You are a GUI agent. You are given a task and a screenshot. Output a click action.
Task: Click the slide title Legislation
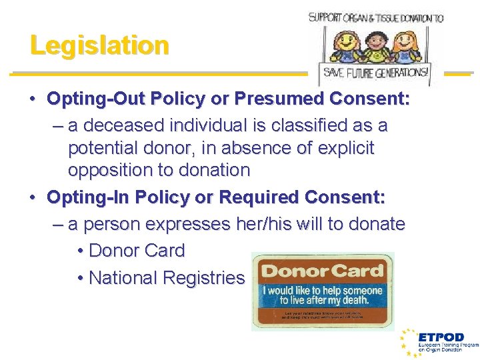point(99,45)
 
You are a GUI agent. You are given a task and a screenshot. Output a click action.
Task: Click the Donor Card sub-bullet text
point(136,251)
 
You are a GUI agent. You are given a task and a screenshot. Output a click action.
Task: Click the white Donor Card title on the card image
point(323,271)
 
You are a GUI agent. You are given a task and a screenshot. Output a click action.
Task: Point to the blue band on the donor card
point(323,294)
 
